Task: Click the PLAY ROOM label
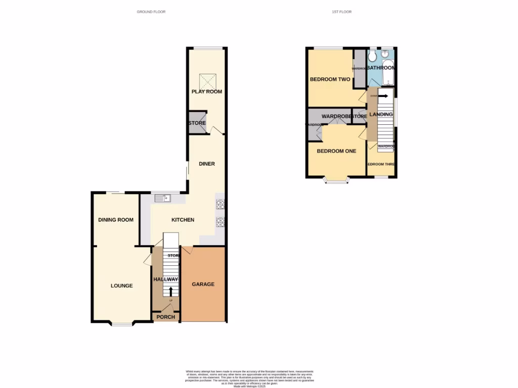206,91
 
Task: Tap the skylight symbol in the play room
207,80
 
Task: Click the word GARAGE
203,284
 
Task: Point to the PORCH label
165,317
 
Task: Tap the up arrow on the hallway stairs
170,291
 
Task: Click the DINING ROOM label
116,220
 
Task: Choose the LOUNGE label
121,286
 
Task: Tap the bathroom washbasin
387,54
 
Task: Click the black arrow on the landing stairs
383,96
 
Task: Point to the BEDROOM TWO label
330,79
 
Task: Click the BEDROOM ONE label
336,151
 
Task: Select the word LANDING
381,115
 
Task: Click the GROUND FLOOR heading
151,12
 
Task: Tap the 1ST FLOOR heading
341,12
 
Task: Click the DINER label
206,164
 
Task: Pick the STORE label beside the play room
196,123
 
